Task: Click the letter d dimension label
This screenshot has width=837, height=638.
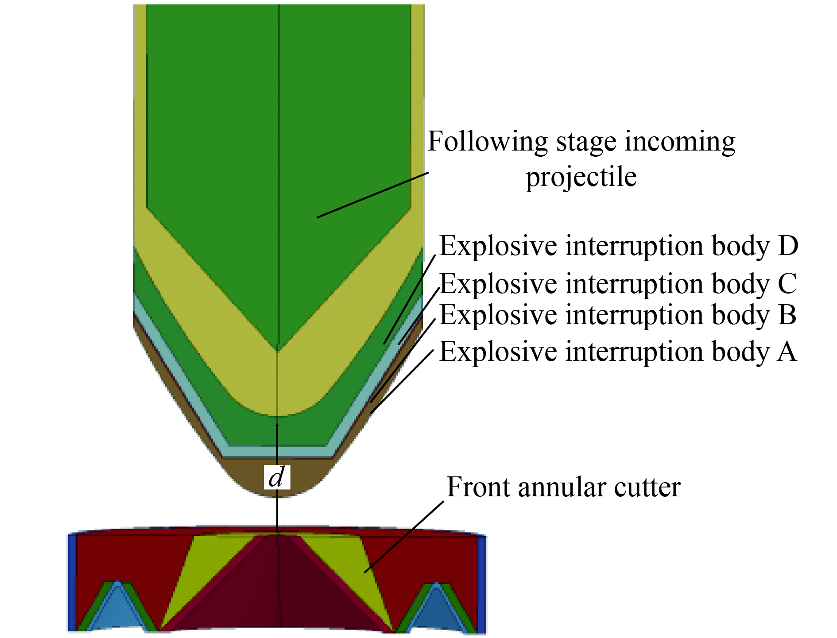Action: [x=277, y=477]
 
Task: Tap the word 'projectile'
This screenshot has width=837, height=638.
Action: [x=581, y=177]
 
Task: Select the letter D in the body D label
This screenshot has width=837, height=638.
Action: [x=788, y=246]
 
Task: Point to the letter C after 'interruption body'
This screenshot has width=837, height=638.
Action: [x=787, y=284]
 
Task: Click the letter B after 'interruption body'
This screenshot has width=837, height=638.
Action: [x=787, y=315]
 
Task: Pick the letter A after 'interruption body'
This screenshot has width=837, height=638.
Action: [x=787, y=352]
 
